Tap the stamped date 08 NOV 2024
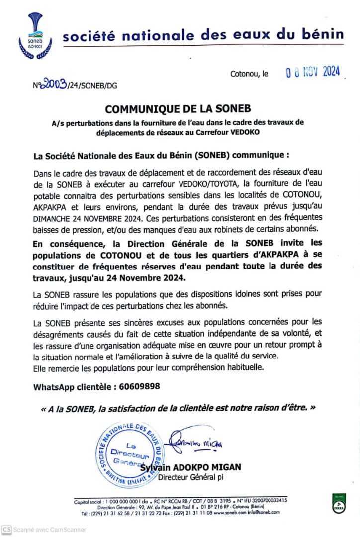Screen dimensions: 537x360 coord(312,72)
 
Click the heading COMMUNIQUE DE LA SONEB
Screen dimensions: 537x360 coord(178,109)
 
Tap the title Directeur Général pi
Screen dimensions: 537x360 coord(190,478)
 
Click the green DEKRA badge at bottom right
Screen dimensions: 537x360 coord(339,503)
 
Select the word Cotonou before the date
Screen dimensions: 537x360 coord(245,74)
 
